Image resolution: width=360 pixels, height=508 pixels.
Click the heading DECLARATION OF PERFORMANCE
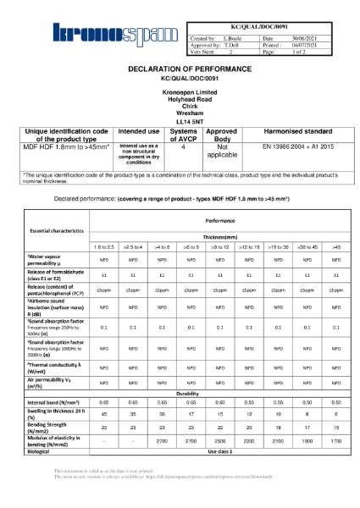179,67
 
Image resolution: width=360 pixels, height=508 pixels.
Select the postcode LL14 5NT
179,122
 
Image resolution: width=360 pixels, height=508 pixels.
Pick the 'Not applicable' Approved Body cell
222,151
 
